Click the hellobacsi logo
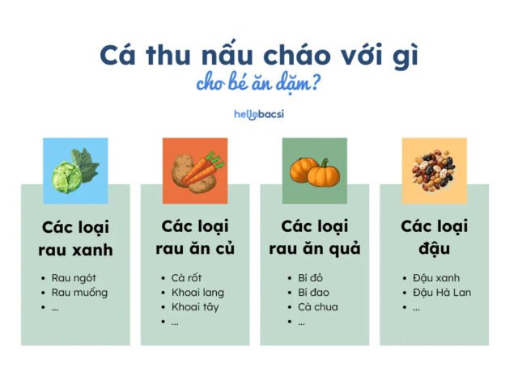pyautogui.click(x=258, y=114)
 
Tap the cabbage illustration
pyautogui.click(x=75, y=171)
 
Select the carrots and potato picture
pyautogui.click(x=195, y=171)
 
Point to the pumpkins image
pyautogui.click(x=314, y=171)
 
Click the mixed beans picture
pyautogui.click(x=434, y=171)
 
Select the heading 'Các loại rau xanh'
pyautogui.click(x=75, y=238)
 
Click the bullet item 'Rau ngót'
pyautogui.click(x=74, y=277)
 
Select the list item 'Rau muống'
pyautogui.click(x=79, y=292)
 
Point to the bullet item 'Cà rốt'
pyautogui.click(x=188, y=277)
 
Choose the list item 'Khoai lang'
pyautogui.click(x=197, y=292)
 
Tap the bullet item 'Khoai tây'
pyautogui.click(x=195, y=306)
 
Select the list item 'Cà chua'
pyautogui.click(x=317, y=306)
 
